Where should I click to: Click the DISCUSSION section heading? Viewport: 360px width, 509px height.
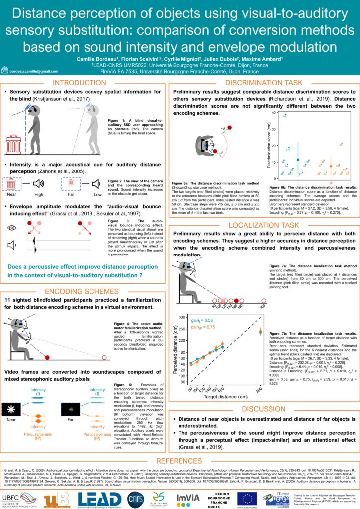263,409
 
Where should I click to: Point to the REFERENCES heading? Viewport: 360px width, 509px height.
180,461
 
